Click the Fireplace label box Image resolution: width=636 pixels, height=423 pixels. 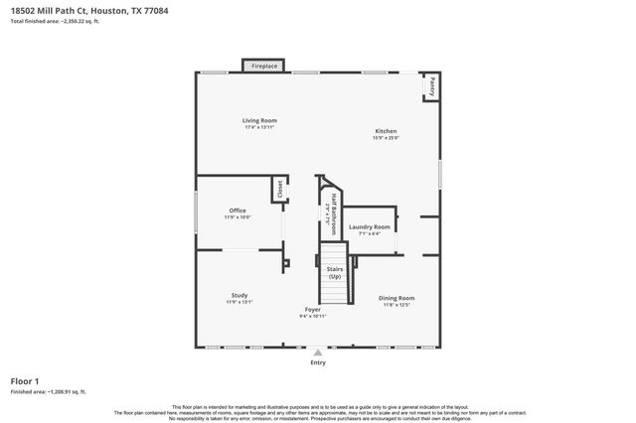pyautogui.click(x=264, y=66)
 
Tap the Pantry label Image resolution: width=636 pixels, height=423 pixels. pyautogui.click(x=432, y=87)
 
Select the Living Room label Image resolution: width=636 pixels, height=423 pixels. pyautogui.click(x=259, y=120)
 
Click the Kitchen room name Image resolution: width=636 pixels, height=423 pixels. pyautogui.click(x=386, y=131)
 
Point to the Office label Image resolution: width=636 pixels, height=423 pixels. pyautogui.click(x=238, y=210)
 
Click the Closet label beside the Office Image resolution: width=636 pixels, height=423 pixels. pyautogui.click(x=280, y=189)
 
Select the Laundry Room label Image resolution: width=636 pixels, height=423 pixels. pyautogui.click(x=370, y=226)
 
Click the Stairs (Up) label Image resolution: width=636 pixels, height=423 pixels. pyautogui.click(x=335, y=272)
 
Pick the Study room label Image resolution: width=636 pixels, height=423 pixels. pyautogui.click(x=239, y=295)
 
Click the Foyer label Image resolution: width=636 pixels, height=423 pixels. pyautogui.click(x=313, y=310)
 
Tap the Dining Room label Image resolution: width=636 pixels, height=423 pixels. pyautogui.click(x=396, y=298)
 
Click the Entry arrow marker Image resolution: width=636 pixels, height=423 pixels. pyautogui.click(x=318, y=352)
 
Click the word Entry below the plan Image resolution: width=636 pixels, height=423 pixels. pyautogui.click(x=318, y=362)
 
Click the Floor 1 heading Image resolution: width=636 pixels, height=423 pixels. pyautogui.click(x=25, y=381)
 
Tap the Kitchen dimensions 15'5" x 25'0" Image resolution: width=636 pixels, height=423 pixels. pyautogui.click(x=386, y=138)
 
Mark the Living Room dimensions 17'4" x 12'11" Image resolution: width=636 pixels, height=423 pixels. pyautogui.click(x=259, y=127)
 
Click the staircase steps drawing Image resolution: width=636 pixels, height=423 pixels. pyautogui.click(x=335, y=290)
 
